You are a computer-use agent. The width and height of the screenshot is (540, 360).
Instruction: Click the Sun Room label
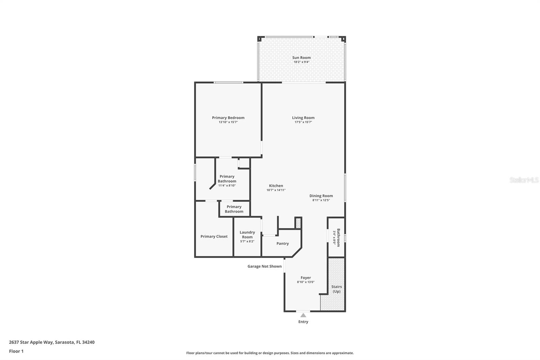301,58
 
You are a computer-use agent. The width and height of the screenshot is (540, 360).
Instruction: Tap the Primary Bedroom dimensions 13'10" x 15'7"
228,122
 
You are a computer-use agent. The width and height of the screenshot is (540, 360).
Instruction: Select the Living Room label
303,118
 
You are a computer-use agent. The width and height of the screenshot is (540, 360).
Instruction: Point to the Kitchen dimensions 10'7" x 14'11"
276,190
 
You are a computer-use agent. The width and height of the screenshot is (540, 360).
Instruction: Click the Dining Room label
321,196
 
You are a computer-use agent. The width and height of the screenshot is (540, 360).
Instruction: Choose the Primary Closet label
214,236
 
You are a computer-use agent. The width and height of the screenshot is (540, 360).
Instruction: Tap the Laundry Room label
247,234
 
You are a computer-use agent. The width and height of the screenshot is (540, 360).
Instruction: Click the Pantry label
282,243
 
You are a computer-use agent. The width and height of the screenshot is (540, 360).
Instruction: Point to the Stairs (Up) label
336,289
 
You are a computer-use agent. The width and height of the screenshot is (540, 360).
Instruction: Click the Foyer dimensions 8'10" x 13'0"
305,282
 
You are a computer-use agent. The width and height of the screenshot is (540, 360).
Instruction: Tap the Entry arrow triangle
303,315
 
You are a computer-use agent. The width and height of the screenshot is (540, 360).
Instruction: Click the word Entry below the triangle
303,322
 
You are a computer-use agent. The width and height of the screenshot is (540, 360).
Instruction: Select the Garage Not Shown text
264,266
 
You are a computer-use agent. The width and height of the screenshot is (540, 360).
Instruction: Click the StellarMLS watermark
524,180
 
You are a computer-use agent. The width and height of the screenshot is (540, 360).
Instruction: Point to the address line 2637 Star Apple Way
52,342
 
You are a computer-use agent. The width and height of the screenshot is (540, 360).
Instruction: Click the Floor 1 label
16,351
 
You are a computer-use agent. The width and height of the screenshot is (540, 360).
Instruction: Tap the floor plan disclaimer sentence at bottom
270,353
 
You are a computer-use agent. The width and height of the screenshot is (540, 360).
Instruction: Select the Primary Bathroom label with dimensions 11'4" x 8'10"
227,179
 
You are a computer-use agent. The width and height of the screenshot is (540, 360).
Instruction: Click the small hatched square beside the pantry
298,223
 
